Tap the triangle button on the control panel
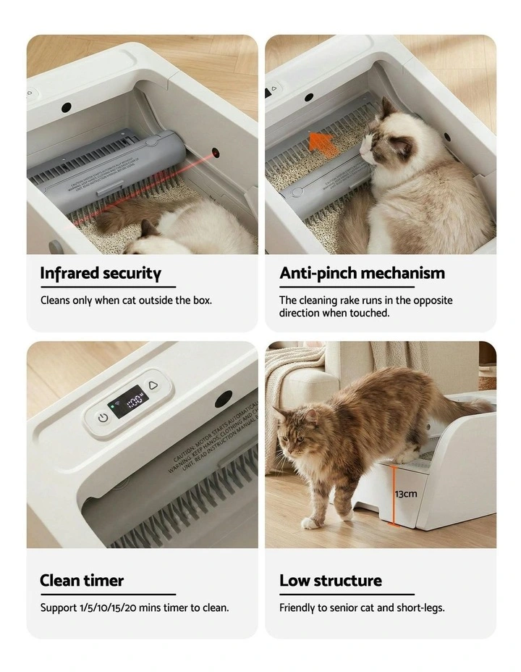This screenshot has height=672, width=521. [x=153, y=385]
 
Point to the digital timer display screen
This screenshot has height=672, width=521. [x=127, y=400]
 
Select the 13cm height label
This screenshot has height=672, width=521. [x=405, y=494]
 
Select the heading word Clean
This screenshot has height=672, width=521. [x=60, y=581]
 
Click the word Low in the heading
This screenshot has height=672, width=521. [x=293, y=581]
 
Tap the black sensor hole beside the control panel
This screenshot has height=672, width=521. [x=223, y=399]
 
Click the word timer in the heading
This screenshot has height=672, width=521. [x=103, y=581]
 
